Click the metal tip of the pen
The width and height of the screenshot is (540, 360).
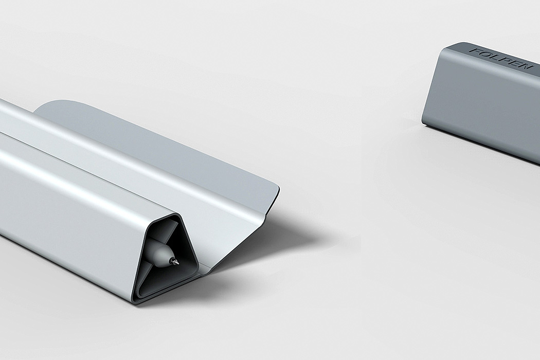point(177,262)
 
